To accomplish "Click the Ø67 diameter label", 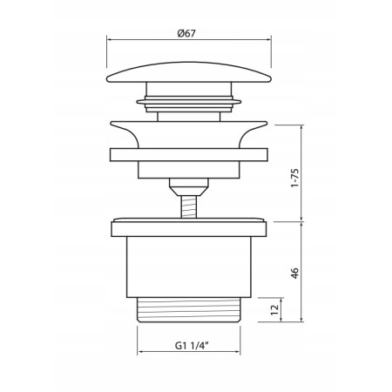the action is point(186,33).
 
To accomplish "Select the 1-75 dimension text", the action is point(294,178).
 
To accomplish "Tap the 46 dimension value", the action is point(294,274).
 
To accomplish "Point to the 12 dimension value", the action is point(274,310).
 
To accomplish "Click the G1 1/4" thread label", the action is point(193,346).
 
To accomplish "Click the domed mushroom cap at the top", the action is point(189,72).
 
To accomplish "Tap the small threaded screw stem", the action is point(189,206).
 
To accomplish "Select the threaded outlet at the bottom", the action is point(189,310).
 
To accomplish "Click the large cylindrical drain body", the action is point(189,267).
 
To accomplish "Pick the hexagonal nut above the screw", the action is point(189,186).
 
